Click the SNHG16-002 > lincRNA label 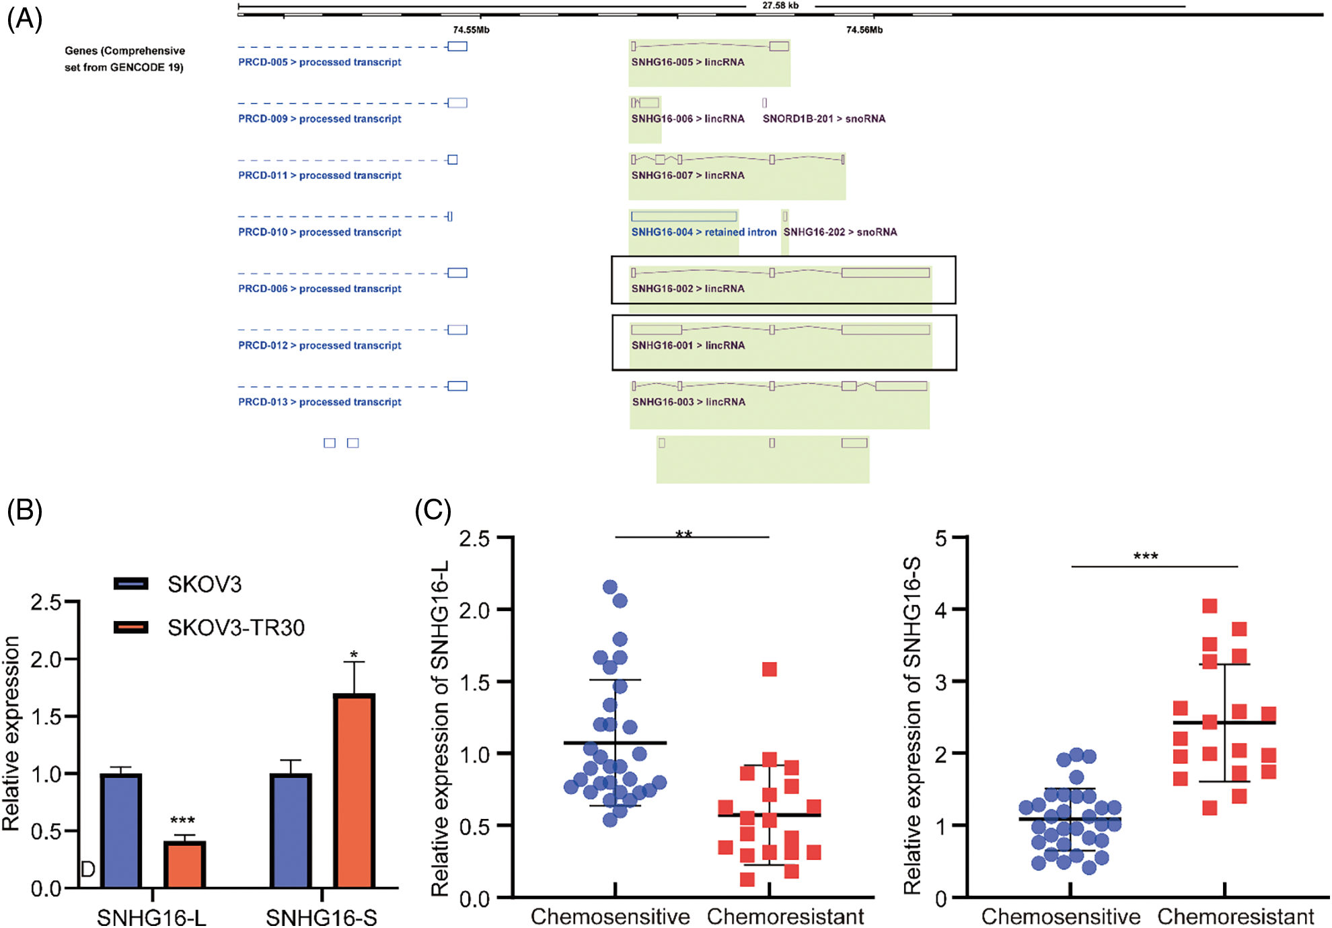tap(688, 289)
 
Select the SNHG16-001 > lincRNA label tap(688, 345)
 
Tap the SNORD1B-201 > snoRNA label tap(823, 119)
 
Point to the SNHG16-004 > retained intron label tap(704, 232)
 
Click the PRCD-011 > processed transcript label tap(320, 176)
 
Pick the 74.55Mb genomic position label tap(471, 30)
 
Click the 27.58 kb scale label tap(780, 6)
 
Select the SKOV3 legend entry tap(204, 584)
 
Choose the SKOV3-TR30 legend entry tap(235, 627)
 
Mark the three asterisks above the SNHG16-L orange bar tap(182, 821)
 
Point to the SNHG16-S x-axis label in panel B tap(322, 917)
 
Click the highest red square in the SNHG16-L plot tap(770, 670)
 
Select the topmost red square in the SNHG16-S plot tap(1210, 606)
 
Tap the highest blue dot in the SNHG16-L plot tap(610, 587)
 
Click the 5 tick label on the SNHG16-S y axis tap(940, 538)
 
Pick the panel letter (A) tap(24, 20)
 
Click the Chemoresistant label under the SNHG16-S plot tap(1235, 917)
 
